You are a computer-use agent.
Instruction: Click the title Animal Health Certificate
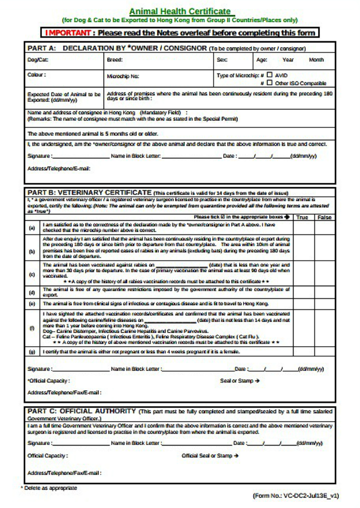[x=180, y=11]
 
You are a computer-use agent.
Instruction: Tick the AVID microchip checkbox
[x=269, y=75]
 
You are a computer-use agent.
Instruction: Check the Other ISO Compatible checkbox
[x=269, y=83]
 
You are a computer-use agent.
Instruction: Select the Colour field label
[x=37, y=75]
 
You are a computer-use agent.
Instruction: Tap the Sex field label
[x=222, y=60]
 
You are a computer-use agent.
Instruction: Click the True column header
[x=302, y=217]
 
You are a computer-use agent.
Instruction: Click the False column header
[x=324, y=217]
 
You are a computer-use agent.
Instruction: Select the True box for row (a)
[x=303, y=228]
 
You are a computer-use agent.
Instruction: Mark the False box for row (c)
[x=325, y=273]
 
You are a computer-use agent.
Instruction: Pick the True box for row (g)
[x=303, y=352]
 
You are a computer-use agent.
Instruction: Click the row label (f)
[x=32, y=328]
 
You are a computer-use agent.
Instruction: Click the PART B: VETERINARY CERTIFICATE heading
[x=89, y=192]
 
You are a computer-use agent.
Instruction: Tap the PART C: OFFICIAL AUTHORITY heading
[x=81, y=411]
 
